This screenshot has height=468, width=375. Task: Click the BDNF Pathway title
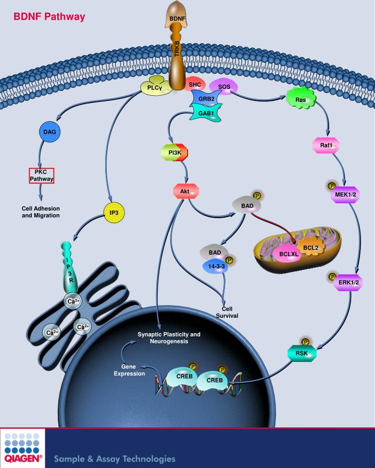[x=49, y=17]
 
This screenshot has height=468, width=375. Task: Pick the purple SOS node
[x=224, y=85]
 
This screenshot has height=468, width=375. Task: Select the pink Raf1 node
[x=326, y=146]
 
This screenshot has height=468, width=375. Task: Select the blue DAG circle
[x=50, y=132]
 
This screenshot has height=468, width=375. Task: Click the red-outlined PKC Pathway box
[x=42, y=176]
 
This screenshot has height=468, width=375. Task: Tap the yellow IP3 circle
[x=115, y=213]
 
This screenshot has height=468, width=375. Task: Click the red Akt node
[x=185, y=191]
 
